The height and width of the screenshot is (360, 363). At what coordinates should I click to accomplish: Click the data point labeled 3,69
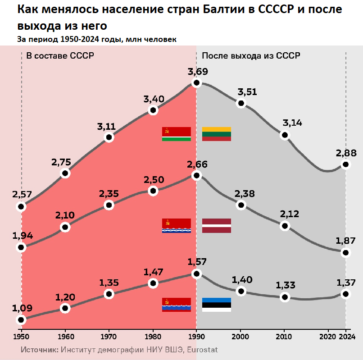[196, 82]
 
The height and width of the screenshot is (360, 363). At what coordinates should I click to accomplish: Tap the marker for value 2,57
[21, 207]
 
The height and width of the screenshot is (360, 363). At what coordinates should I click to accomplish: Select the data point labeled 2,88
[345, 164]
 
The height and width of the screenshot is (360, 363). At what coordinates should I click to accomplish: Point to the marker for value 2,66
[196, 175]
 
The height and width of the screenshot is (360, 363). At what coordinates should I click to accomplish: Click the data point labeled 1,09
[21, 319]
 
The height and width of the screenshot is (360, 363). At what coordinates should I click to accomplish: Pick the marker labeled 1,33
[284, 297]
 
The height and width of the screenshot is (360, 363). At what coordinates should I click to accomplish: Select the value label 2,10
[65, 215]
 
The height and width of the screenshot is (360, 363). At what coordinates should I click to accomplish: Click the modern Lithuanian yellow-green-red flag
[217, 134]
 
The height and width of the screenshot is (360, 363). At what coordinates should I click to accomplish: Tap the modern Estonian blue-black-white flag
[217, 305]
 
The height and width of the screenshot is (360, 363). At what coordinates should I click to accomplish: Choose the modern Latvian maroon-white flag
[217, 225]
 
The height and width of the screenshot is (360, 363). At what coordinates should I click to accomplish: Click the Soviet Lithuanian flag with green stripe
[177, 134]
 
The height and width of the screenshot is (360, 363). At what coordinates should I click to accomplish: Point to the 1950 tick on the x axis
[21, 337]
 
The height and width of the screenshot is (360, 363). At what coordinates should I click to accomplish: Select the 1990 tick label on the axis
[196, 337]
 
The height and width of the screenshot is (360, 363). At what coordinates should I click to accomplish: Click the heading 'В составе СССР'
[59, 55]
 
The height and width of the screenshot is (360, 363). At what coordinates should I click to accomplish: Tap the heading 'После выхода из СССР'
[251, 55]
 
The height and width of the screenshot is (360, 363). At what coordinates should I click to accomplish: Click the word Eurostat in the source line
[203, 350]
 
